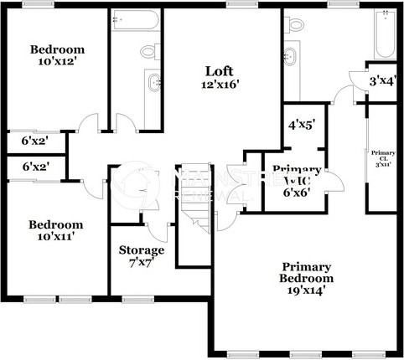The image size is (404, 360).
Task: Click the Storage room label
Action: [141, 250]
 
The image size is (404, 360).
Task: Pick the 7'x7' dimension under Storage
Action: [141, 264]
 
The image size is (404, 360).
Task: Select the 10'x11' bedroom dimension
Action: [55, 237]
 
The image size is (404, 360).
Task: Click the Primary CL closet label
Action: [382, 157]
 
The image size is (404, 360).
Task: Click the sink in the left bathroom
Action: [153, 84]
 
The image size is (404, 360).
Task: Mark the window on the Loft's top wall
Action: [241, 4]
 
